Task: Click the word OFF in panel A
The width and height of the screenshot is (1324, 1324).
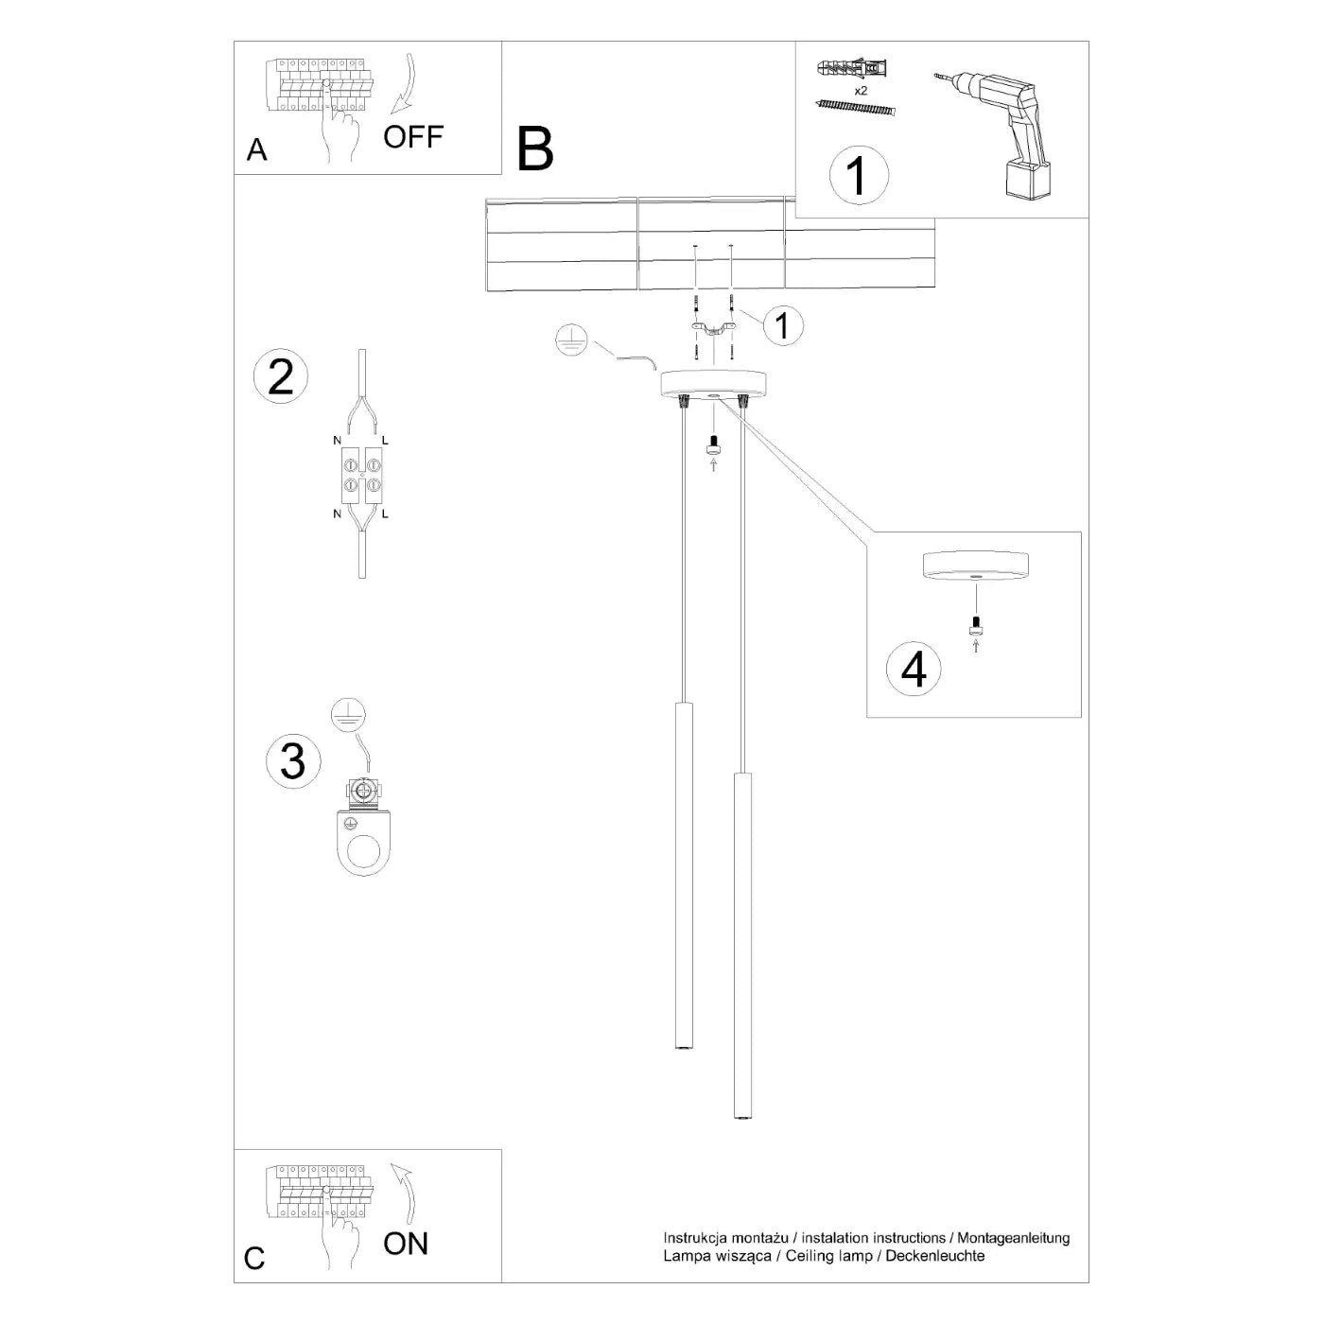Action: click(413, 136)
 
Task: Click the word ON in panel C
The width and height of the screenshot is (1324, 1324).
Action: click(406, 1243)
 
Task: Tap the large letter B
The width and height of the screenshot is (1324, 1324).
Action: click(535, 149)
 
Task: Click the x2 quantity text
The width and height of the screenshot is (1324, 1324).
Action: click(861, 91)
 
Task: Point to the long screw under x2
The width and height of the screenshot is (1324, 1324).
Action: click(854, 108)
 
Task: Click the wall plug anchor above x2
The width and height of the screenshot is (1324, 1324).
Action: click(853, 69)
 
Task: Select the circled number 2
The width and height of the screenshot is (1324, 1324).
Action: click(281, 376)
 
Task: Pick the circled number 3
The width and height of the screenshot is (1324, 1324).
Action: click(293, 760)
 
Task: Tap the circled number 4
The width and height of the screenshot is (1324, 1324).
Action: click(914, 670)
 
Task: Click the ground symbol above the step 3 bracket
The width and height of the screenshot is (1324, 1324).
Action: click(349, 717)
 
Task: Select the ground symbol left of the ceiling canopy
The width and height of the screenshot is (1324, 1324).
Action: click(572, 340)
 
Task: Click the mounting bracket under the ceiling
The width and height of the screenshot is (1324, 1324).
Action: click(714, 328)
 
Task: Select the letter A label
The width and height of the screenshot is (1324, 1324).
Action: click(256, 150)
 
